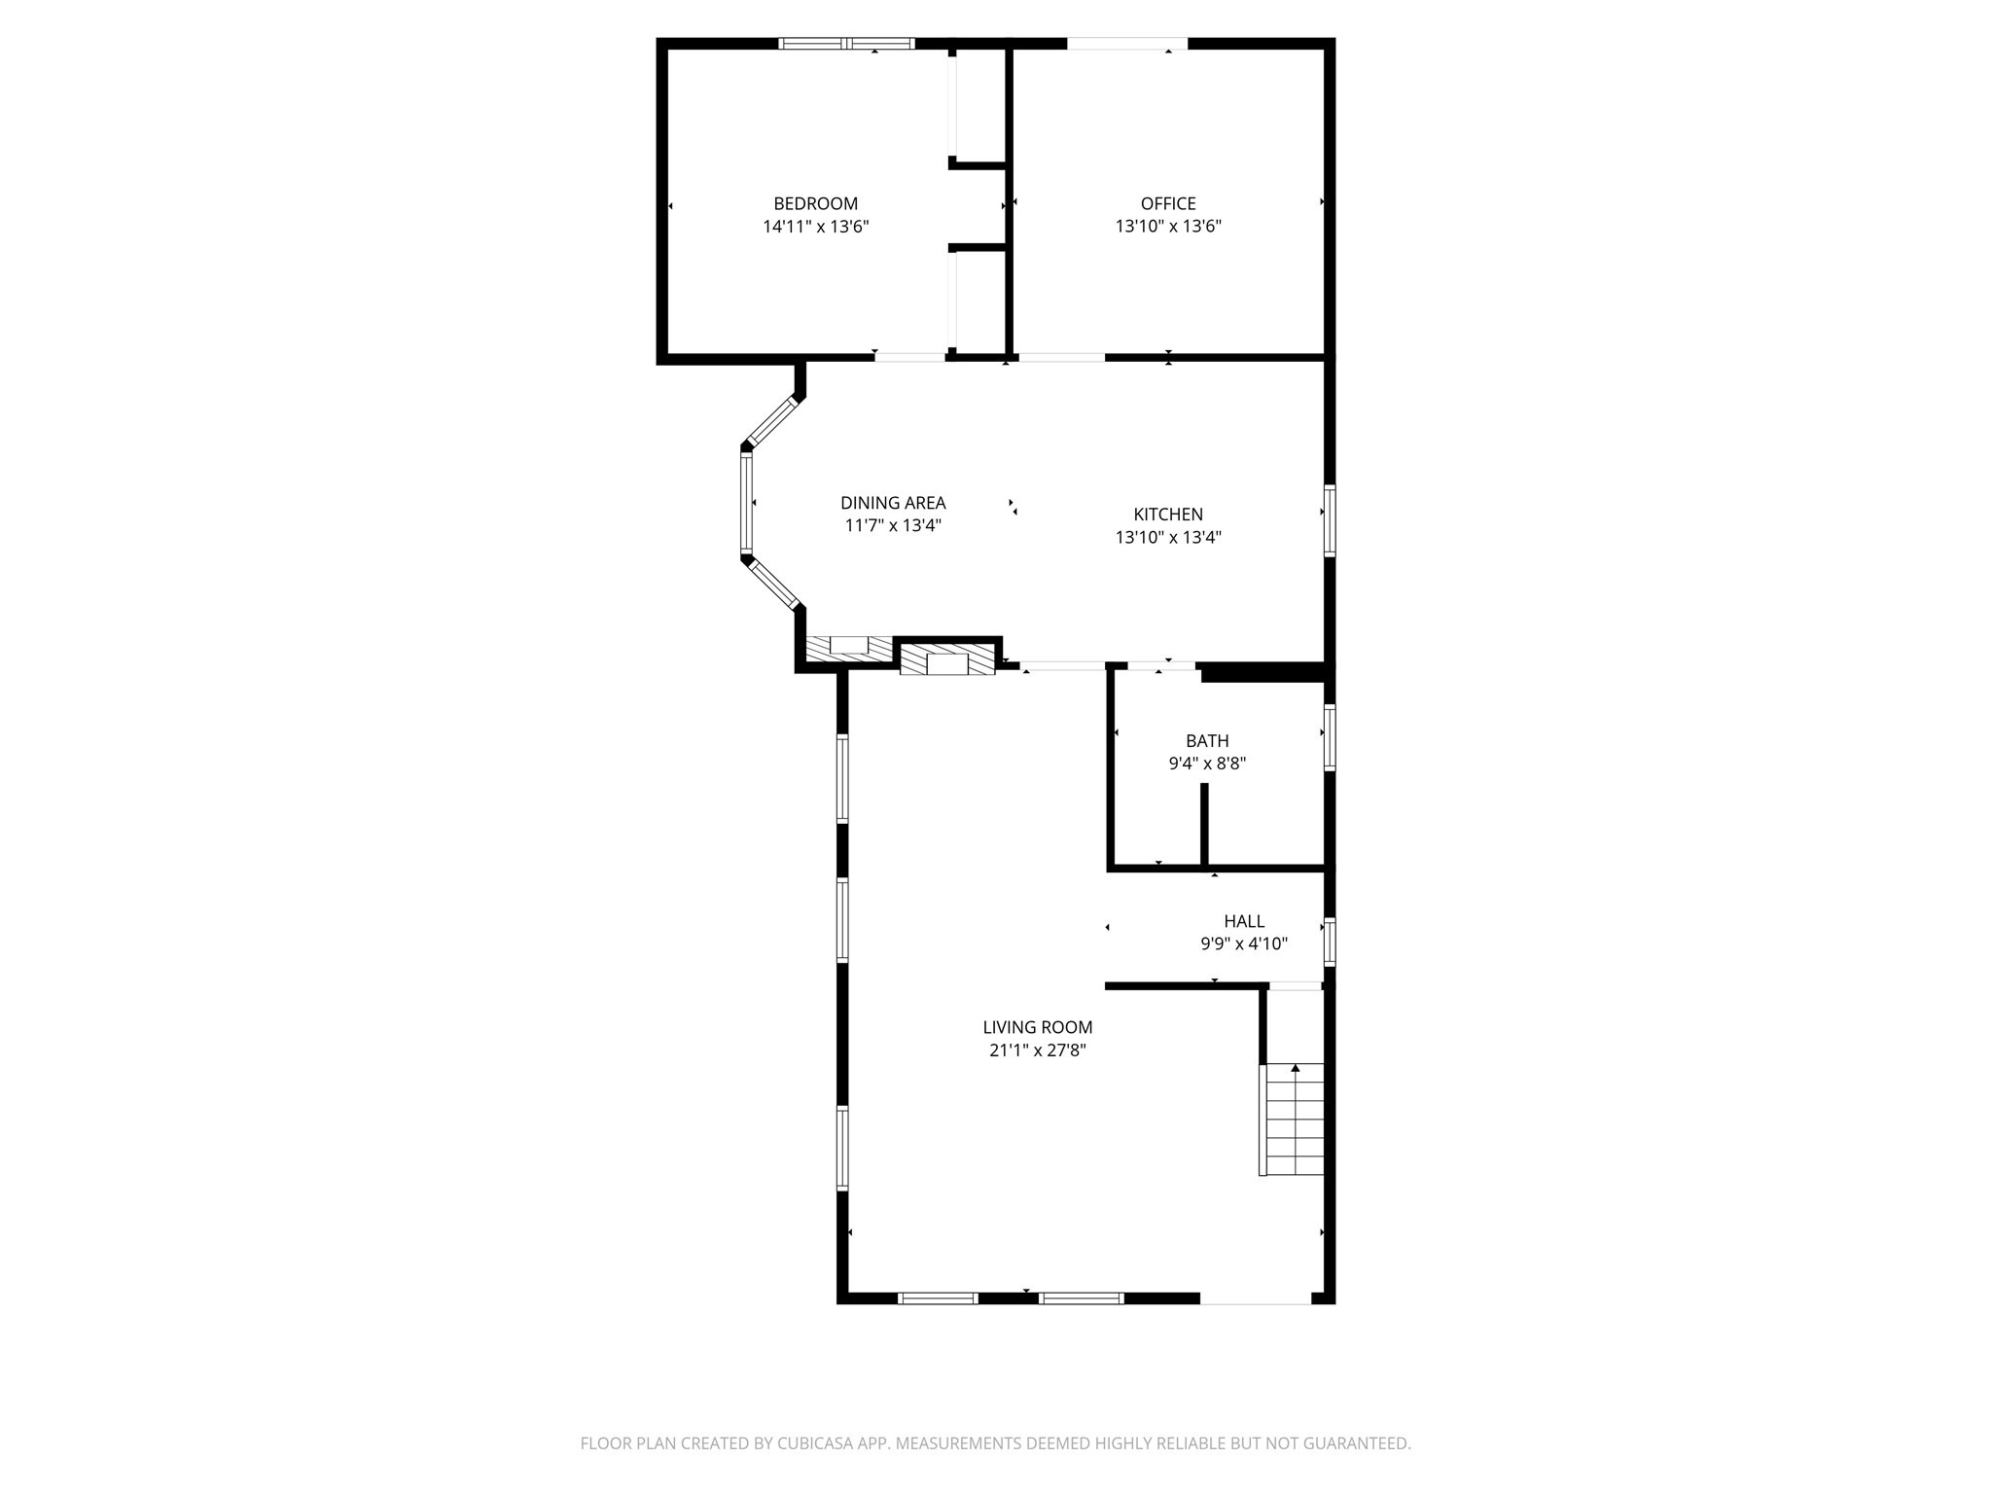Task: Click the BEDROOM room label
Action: coord(815,203)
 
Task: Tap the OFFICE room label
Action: coord(1167,203)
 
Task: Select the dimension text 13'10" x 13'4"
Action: coord(1167,537)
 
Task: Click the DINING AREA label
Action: coord(892,503)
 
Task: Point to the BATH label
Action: coord(1206,741)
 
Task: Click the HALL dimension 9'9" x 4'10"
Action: coord(1243,943)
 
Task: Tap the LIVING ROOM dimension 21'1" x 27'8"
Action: coord(1037,1050)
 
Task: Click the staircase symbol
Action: coord(1294,1119)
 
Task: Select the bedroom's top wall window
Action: coord(846,43)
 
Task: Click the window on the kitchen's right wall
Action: coord(1329,519)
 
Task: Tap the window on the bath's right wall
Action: coord(1329,737)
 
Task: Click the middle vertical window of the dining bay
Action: coord(746,503)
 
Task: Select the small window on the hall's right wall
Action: coord(1329,942)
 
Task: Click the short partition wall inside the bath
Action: coord(1203,823)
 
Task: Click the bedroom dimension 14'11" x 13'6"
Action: coord(815,227)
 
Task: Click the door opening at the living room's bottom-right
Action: coord(1255,1298)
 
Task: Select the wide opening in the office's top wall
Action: coord(1126,43)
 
